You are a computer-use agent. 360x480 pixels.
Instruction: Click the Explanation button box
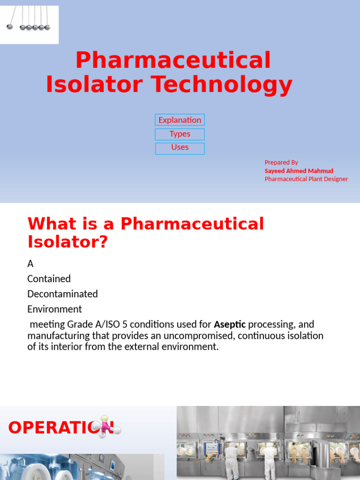point(180,120)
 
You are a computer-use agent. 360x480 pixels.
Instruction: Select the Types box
point(180,134)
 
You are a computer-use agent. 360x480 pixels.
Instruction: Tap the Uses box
point(180,148)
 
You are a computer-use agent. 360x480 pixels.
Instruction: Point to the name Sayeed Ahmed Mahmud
point(299,171)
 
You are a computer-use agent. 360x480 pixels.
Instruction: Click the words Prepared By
point(281,162)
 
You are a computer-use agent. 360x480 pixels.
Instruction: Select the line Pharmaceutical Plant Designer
point(306,179)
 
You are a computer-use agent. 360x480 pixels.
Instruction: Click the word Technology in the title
point(221,84)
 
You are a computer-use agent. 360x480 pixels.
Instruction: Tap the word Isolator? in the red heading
point(67,241)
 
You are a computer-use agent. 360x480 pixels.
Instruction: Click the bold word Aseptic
point(230,324)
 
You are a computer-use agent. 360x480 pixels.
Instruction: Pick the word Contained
point(49,279)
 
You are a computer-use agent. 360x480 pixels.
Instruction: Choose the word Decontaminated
point(62,294)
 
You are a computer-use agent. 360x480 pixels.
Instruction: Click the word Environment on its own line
point(54,309)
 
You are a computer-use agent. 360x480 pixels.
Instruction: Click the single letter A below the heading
point(30,264)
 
